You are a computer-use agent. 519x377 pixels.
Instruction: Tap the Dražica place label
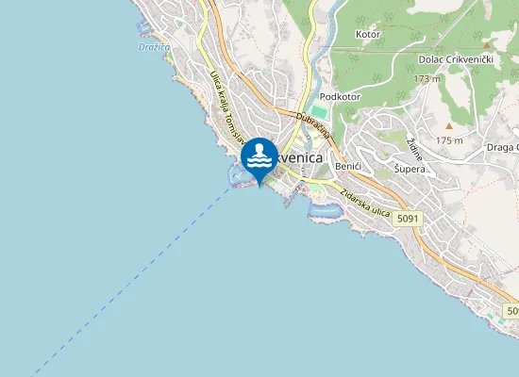click(x=154, y=46)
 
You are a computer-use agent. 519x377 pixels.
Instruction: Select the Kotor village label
click(x=367, y=35)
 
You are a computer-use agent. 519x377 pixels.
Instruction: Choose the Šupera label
click(x=410, y=170)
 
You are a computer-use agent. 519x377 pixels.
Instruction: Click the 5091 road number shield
click(x=408, y=219)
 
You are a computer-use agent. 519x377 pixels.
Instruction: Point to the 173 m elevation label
click(x=427, y=78)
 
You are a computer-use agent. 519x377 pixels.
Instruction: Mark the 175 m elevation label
click(x=449, y=140)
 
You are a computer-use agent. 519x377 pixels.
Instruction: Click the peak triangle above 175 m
click(x=450, y=125)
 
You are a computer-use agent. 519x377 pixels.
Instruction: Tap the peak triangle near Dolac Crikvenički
click(x=487, y=44)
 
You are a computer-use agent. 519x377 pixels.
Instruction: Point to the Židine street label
click(x=414, y=149)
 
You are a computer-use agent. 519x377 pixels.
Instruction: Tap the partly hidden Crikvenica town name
click(x=302, y=159)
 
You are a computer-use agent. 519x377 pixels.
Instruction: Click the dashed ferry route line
click(x=142, y=273)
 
